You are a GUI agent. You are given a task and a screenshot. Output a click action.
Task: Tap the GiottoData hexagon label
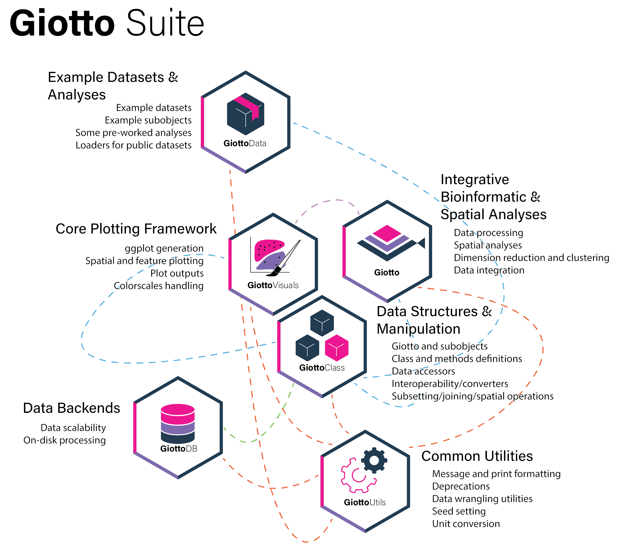point(244,143)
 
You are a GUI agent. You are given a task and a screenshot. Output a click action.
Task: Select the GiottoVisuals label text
point(273,285)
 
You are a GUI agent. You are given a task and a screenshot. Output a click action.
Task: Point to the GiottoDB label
point(178,449)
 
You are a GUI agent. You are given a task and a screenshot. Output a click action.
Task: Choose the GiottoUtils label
point(365,502)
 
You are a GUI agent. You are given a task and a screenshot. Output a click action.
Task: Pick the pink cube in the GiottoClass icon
point(336,348)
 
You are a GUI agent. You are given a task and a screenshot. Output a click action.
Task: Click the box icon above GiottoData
point(245,114)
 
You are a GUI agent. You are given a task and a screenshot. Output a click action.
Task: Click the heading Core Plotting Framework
point(136,229)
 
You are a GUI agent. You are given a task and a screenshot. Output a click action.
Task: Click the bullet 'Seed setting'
point(459,511)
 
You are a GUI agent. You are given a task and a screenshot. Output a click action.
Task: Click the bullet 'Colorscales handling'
point(158,286)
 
